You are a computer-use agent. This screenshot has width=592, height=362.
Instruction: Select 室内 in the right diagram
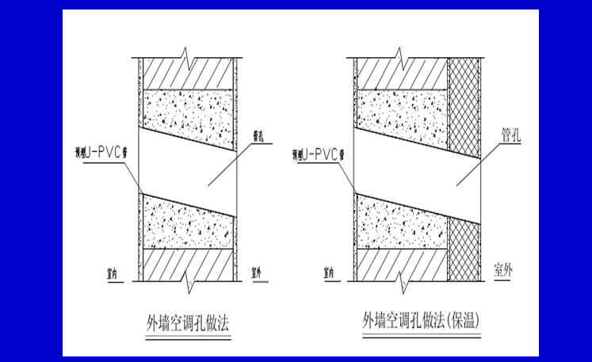(x=332, y=271)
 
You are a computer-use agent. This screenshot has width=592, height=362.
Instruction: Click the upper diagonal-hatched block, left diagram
(x=189, y=75)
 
